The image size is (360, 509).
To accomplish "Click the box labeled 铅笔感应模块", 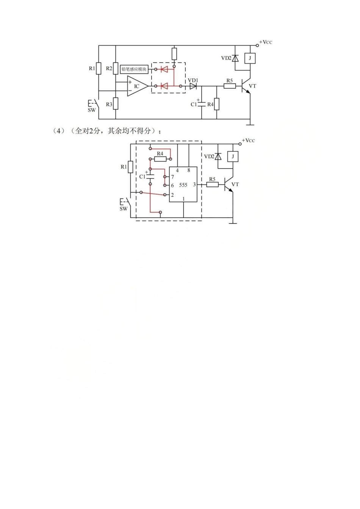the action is click(134, 69).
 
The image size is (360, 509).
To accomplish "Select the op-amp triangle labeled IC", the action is click(138, 86).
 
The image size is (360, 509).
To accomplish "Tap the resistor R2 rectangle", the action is click(116, 69).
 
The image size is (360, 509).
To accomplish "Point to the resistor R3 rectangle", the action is click(116, 103).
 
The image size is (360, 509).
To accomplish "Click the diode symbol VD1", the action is click(193, 86).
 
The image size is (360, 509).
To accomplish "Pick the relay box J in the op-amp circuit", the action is click(250, 58).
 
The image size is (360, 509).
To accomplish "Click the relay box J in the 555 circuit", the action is click(233, 157).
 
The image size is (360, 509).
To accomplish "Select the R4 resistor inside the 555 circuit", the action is click(160, 159).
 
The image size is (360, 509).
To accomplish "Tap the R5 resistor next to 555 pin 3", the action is click(212, 185).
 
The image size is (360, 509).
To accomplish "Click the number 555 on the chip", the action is click(183, 185).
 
